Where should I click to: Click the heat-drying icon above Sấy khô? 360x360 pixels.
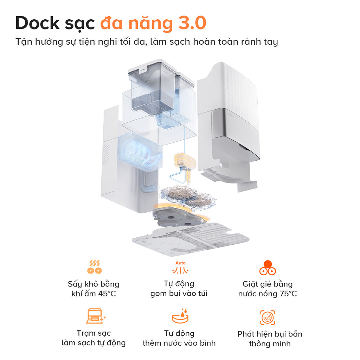point(94,267)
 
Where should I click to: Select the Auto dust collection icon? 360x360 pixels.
point(180,268)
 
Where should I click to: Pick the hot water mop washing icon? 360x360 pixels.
point(268,268)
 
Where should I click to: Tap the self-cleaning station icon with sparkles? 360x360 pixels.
point(95,316)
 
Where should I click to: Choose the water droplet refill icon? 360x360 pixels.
point(180,316)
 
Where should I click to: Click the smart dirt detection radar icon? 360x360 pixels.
point(268,318)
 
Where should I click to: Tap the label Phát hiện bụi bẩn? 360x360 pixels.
point(270,334)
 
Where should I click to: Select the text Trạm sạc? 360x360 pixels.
point(94,333)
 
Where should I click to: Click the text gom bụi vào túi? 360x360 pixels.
point(179,293)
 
